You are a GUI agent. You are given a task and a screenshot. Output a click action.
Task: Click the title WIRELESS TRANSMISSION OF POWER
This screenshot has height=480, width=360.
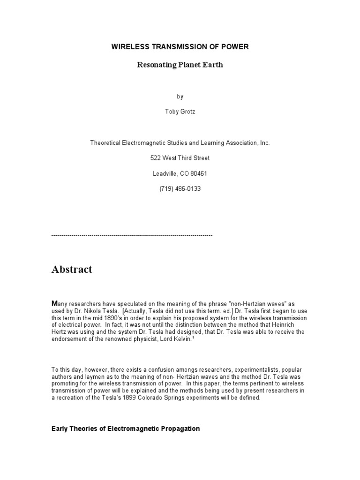tap(180, 47)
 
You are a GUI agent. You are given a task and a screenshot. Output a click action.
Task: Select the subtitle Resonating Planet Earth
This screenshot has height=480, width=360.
tap(180, 65)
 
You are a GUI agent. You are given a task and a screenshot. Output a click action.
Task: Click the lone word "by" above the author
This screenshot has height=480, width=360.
tap(180, 97)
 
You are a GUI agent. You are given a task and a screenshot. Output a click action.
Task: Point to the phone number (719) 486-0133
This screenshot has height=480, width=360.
tap(180, 189)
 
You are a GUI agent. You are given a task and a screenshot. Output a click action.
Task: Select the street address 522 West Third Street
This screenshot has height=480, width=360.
tap(180, 158)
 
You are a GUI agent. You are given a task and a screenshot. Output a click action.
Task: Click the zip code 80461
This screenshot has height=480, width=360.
tap(198, 173)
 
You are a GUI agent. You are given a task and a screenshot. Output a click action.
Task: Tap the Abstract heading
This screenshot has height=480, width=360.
tap(72, 270)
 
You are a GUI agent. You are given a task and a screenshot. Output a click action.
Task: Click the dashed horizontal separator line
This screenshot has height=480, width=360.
tap(132, 235)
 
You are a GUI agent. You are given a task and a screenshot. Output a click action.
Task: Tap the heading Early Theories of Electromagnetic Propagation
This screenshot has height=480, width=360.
tap(126, 428)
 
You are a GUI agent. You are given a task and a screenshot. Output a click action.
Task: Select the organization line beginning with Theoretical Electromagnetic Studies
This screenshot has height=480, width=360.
tap(180, 142)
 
